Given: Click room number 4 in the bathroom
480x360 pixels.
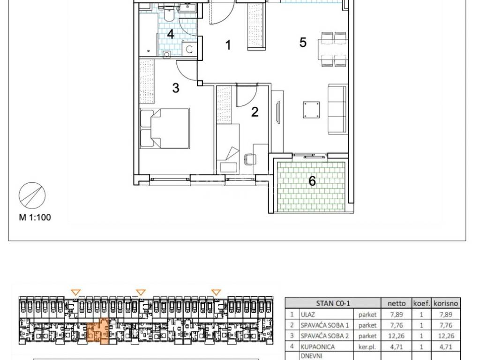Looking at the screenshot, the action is [171, 34].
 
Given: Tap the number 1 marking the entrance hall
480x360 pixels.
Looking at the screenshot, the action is [228, 45].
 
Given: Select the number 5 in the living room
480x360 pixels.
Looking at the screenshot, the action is [303, 42].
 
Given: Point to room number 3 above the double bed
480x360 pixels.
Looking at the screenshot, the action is [176, 88].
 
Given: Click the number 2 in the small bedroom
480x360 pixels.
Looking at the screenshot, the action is [255, 112].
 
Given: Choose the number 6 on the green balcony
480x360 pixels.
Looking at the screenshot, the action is [312, 181].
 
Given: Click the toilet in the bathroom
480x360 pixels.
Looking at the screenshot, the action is [169, 14].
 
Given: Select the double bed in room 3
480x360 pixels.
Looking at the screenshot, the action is [165, 128].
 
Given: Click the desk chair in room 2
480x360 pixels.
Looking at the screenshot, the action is [249, 159].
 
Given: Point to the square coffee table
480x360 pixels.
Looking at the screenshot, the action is [311, 110].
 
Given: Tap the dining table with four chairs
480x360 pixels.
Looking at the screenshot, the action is [333, 49].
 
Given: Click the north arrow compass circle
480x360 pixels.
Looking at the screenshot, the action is [32, 195].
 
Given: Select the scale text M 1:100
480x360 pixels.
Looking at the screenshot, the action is [35, 217].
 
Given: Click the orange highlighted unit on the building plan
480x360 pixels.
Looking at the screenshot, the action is [99, 331].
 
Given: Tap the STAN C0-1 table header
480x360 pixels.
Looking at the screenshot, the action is [333, 303].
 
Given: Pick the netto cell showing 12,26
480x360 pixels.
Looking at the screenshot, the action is [396, 336].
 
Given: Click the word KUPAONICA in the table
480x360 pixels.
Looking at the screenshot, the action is [317, 347].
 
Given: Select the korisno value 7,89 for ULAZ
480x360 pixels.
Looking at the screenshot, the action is [446, 315].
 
